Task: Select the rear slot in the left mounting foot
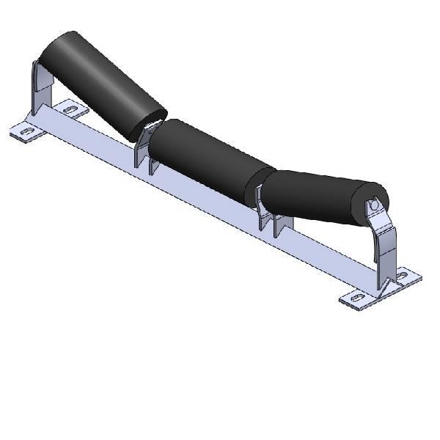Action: (x=72, y=110)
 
